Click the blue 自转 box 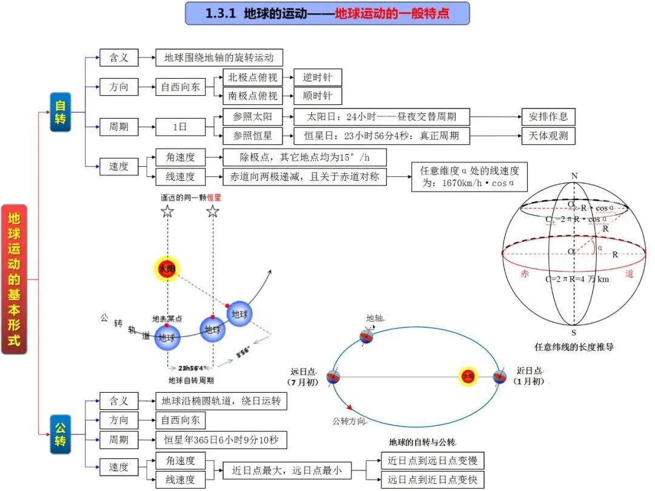click(x=61, y=112)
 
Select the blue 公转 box click(x=61, y=435)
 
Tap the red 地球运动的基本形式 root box click(x=14, y=279)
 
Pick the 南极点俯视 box click(x=252, y=96)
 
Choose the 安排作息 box click(x=548, y=116)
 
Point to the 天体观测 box click(x=548, y=136)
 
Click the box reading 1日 click(x=180, y=127)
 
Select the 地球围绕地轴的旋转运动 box click(x=219, y=58)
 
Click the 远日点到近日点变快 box click(x=432, y=480)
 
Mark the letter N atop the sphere click(x=574, y=176)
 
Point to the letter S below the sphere click(x=574, y=333)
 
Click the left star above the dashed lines click(x=167, y=212)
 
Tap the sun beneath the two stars click(x=166, y=268)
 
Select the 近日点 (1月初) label click(x=529, y=376)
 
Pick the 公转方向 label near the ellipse click(x=349, y=420)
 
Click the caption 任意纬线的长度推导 click(x=574, y=347)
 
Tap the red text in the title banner click(x=392, y=13)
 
